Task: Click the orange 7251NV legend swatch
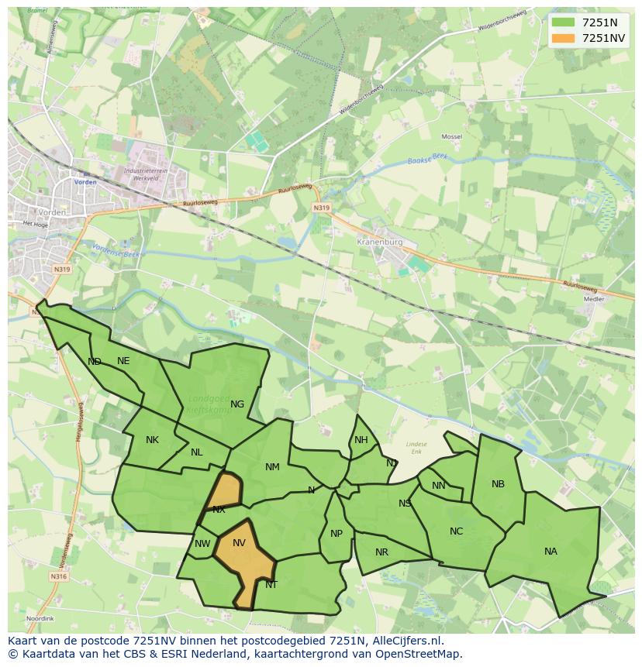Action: click(x=564, y=38)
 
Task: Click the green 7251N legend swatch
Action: click(x=564, y=22)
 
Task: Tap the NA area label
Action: click(x=551, y=552)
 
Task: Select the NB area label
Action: click(x=498, y=484)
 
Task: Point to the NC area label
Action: click(x=456, y=531)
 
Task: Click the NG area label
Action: click(x=237, y=404)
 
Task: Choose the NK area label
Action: click(x=152, y=440)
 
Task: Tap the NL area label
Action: click(x=197, y=452)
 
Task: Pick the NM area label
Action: click(x=272, y=467)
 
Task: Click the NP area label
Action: click(x=337, y=534)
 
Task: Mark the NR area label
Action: click(x=381, y=552)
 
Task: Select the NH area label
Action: click(x=361, y=440)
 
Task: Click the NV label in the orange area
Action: click(x=239, y=543)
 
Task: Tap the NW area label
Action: click(x=202, y=544)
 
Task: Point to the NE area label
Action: click(x=123, y=361)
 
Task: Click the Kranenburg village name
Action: click(x=380, y=242)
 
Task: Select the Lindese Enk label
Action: click(x=416, y=447)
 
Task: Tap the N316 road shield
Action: click(x=59, y=576)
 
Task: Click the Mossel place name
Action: click(x=451, y=136)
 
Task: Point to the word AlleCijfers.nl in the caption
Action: click(x=406, y=641)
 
